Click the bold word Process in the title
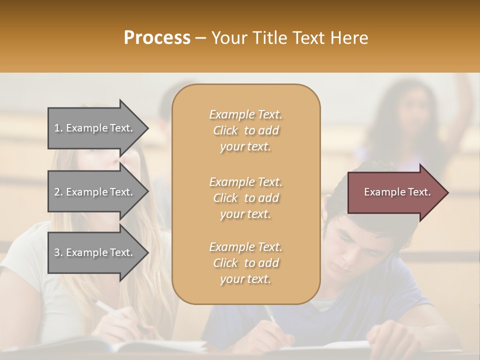point(157,38)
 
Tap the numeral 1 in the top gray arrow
point(57,128)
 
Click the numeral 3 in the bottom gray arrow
point(57,252)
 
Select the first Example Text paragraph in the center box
point(245,130)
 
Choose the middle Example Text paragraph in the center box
point(245,198)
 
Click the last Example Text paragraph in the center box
point(245,263)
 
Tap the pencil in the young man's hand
point(270,313)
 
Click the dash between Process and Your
point(200,38)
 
